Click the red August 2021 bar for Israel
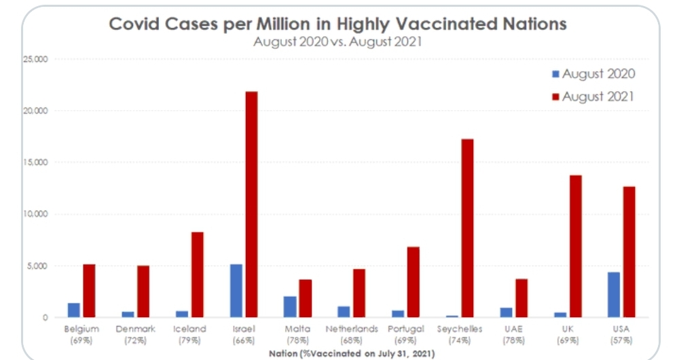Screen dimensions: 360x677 251,204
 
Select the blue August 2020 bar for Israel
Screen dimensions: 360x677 236,291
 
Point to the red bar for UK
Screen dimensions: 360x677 576,246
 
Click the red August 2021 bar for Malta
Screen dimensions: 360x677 306,298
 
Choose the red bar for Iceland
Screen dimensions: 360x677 197,274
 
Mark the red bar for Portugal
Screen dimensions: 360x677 414,282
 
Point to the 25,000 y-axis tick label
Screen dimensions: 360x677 35,59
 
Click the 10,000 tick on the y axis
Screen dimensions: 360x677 35,214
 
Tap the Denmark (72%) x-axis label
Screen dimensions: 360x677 135,334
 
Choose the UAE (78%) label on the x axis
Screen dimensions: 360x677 513,334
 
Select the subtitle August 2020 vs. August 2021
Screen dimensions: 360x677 337,41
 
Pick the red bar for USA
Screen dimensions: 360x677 629,251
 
